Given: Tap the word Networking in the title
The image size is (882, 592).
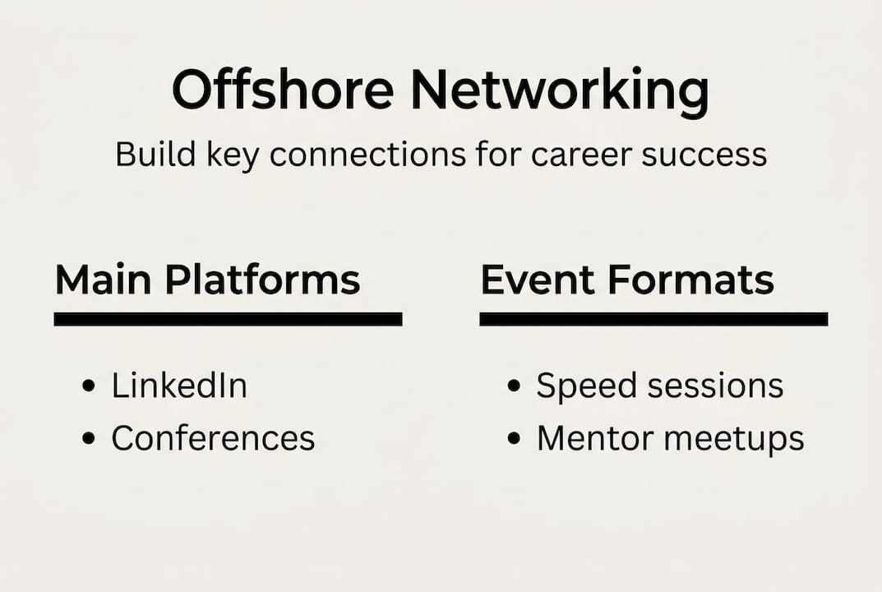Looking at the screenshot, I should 559,90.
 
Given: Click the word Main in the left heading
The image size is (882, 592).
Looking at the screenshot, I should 104,280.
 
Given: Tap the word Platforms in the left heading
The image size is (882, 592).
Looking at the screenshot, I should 262,280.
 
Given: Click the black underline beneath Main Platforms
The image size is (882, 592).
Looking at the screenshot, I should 228,319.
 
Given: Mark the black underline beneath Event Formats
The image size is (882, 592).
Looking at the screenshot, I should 653,319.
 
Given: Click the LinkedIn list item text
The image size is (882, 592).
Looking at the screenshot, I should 179,386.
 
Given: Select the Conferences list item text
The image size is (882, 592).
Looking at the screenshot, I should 213,438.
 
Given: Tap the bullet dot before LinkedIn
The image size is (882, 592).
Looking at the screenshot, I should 90,386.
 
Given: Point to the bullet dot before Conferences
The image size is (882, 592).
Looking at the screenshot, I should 90,439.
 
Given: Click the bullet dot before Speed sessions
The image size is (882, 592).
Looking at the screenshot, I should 515,386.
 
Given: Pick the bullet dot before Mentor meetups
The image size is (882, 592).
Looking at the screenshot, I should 515,439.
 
